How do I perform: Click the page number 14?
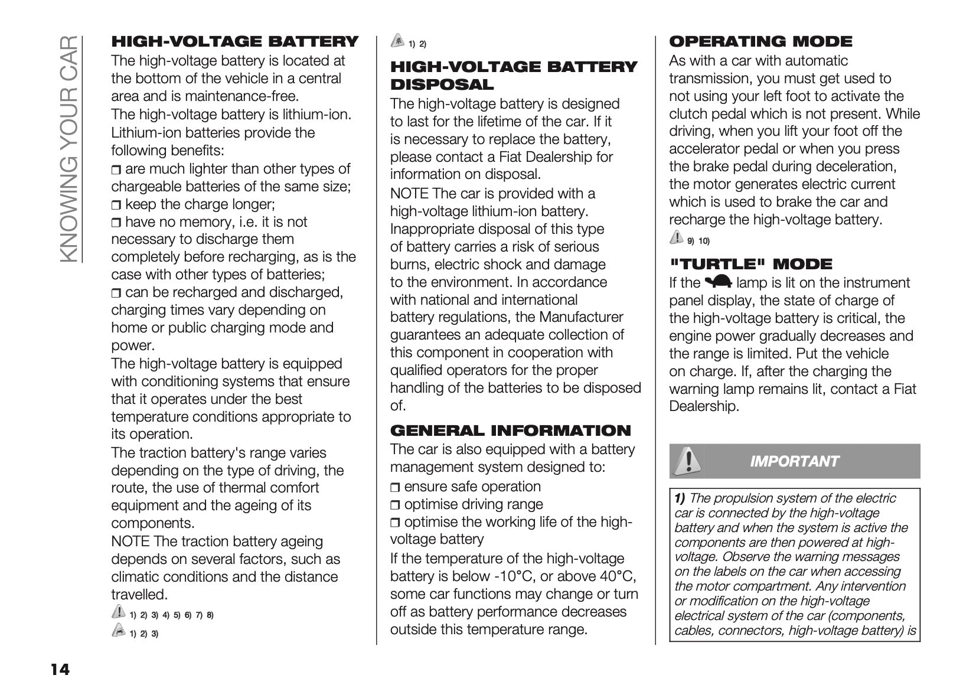coord(60,669)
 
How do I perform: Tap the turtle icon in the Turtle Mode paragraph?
coord(718,282)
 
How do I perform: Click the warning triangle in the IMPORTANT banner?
coord(686,460)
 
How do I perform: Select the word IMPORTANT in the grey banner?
coord(794,461)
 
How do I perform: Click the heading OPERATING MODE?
coord(760,41)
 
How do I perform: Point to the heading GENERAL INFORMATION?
coord(511,430)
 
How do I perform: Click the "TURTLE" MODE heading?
coord(751,263)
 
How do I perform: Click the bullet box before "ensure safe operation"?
coord(396,487)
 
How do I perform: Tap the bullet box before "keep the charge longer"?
coord(116,205)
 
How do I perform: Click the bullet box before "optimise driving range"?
coord(396,505)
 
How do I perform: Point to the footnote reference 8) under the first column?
coord(210,615)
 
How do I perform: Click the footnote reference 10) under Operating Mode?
coord(704,240)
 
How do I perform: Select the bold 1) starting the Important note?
coord(680,498)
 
